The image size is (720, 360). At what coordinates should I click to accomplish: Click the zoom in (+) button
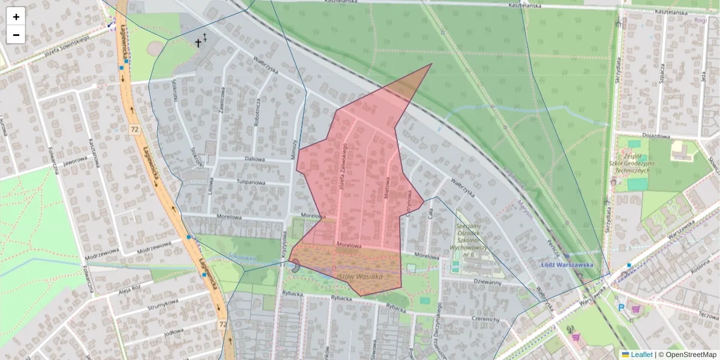click(16, 17)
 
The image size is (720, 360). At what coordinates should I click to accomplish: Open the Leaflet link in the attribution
click(641, 355)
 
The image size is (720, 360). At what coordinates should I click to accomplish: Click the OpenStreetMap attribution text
click(691, 355)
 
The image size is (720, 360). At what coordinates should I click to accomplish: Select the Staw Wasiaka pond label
click(360, 277)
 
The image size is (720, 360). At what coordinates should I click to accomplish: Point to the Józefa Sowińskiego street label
click(67, 47)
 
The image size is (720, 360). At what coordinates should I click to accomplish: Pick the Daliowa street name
click(255, 159)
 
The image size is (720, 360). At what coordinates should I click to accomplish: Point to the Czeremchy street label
click(485, 320)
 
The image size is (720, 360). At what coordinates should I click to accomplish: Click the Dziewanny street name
click(487, 281)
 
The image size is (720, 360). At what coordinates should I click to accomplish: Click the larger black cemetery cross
click(198, 43)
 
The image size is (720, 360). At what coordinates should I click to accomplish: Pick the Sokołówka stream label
click(242, 258)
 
